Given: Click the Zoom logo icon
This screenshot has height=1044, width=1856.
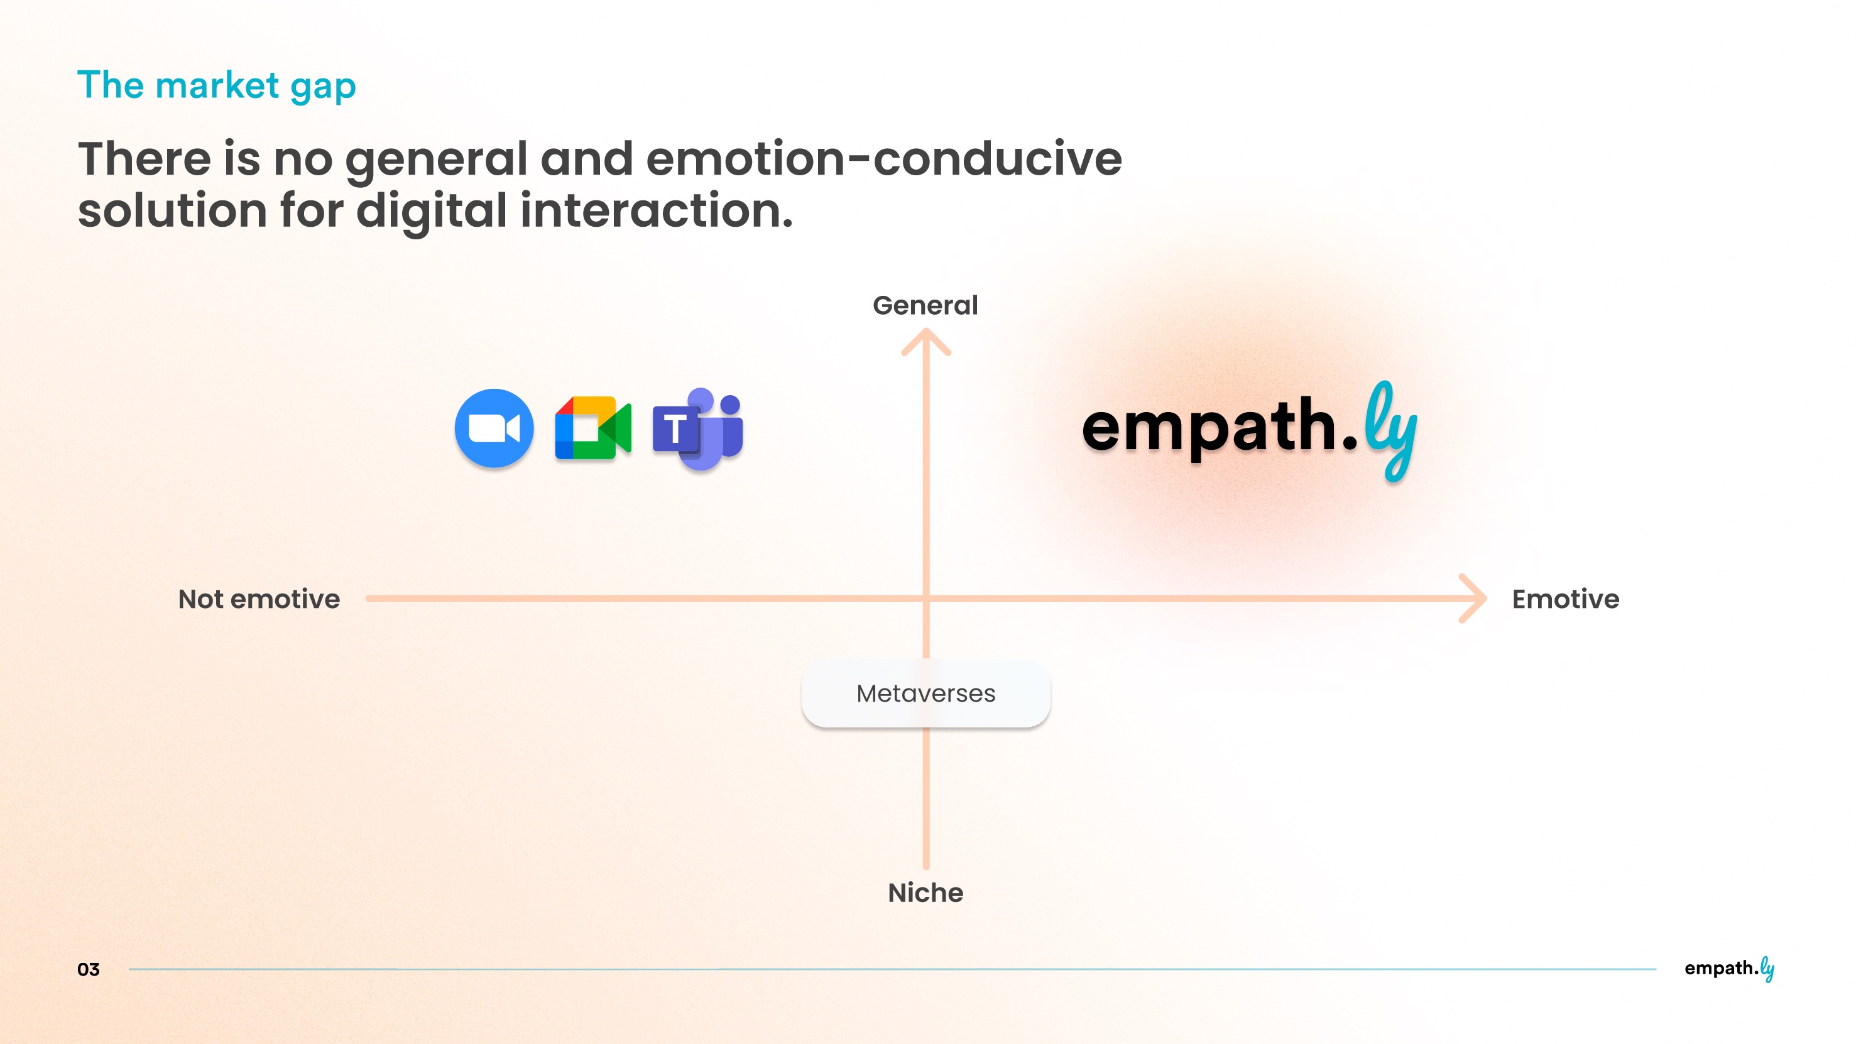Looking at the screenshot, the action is (494, 428).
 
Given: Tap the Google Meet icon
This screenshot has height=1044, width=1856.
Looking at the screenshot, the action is (593, 428).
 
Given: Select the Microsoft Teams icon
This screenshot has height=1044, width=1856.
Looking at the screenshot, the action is (697, 428).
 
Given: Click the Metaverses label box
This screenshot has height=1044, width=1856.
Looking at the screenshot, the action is (926, 693).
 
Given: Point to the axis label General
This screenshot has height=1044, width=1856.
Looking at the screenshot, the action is (925, 305).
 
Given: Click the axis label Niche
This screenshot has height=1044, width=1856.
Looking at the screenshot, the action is (925, 893).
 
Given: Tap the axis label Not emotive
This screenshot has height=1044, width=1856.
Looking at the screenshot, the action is (259, 599).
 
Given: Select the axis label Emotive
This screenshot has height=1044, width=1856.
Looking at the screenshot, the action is (1565, 599).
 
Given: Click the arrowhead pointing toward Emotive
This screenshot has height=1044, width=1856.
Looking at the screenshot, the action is (1474, 598).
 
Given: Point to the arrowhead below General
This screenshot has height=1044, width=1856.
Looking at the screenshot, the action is (926, 342).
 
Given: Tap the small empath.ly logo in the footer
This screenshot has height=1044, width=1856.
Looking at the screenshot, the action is (1728, 969).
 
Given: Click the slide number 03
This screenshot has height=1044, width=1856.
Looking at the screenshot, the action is (88, 969).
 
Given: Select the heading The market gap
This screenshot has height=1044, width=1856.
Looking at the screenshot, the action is (216, 85).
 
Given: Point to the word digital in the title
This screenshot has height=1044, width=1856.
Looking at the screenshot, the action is (432, 210).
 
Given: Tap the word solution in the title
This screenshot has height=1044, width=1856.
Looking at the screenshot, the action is (172, 210).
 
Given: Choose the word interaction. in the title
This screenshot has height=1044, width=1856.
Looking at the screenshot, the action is (657, 210).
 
